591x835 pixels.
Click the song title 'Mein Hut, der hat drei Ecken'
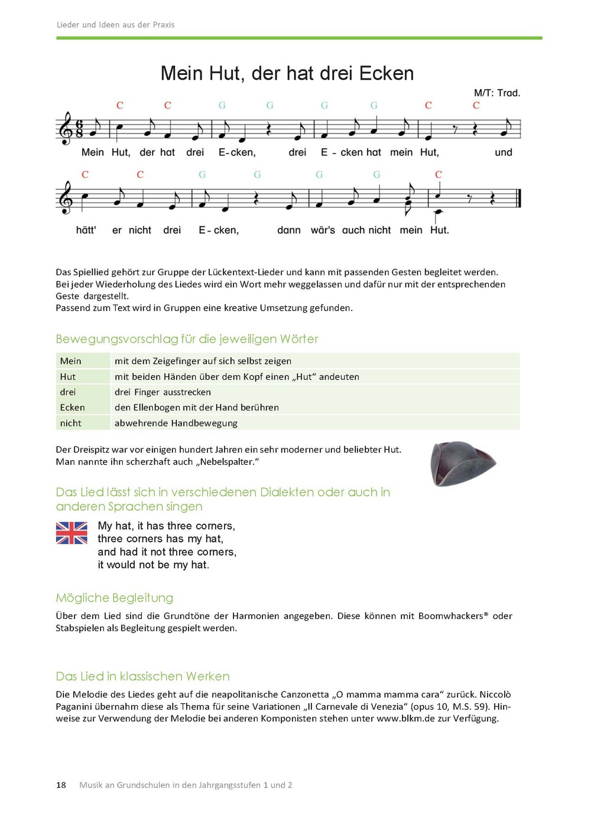(287, 73)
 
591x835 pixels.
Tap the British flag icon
(72, 533)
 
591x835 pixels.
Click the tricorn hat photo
(463, 464)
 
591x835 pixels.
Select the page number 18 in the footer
(61, 785)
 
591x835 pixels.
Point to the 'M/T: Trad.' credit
(496, 93)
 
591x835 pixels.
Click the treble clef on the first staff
(66, 128)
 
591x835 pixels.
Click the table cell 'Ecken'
(73, 407)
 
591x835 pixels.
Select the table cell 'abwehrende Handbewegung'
(176, 423)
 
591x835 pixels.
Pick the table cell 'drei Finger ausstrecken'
(163, 392)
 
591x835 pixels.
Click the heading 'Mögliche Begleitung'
(115, 598)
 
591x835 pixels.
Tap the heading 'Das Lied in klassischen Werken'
(142, 676)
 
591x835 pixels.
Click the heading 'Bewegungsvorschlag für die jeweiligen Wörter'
(187, 339)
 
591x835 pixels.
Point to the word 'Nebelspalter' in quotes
(228, 462)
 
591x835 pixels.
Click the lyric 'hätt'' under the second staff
(86, 230)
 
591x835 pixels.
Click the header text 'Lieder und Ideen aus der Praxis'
(115, 25)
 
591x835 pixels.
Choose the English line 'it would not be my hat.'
(154, 565)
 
